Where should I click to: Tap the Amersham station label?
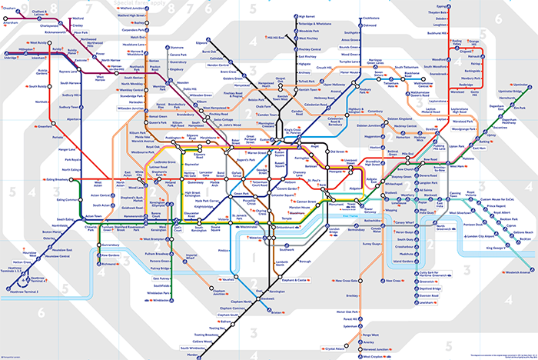coord(12,23)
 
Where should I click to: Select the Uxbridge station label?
coord(11,57)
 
